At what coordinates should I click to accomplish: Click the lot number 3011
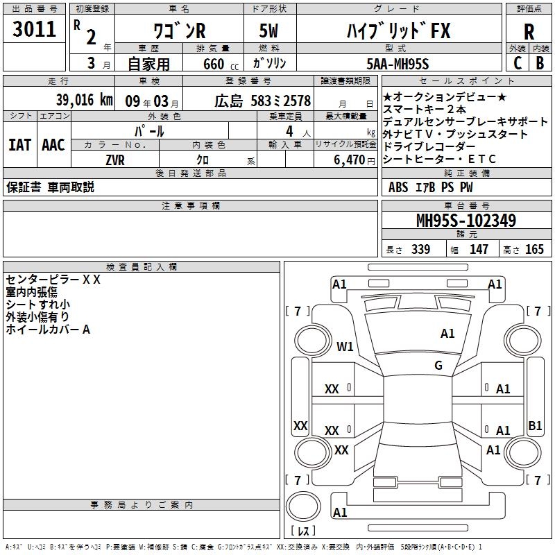[34, 29]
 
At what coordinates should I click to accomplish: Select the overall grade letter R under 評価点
[529, 32]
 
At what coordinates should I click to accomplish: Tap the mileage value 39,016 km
[84, 100]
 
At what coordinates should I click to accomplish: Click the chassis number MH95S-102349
[466, 221]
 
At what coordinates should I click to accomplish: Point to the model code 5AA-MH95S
[398, 64]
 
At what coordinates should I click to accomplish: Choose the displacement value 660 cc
[221, 65]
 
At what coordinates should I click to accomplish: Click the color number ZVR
[115, 160]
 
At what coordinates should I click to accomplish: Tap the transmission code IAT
[20, 145]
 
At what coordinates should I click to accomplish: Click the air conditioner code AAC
[53, 145]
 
